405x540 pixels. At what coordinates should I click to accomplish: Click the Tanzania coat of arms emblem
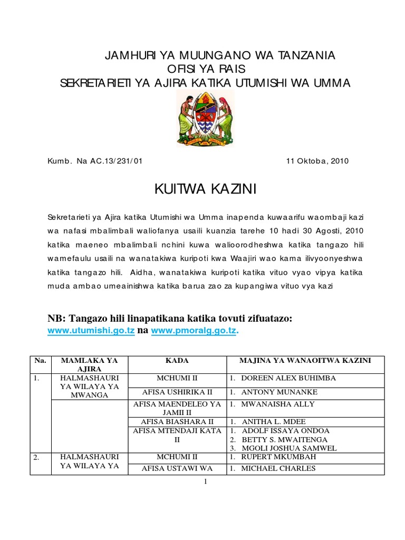205,118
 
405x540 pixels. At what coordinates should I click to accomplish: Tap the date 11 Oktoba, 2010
316,161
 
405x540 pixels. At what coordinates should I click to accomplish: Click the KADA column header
177,360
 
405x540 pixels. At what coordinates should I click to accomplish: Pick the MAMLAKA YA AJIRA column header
89,364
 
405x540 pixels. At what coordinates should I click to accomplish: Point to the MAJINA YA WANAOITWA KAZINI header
306,360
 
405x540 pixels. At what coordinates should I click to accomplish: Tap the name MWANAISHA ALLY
277,404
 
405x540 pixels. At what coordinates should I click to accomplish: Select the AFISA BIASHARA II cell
177,422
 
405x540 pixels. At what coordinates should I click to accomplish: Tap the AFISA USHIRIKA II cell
177,391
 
